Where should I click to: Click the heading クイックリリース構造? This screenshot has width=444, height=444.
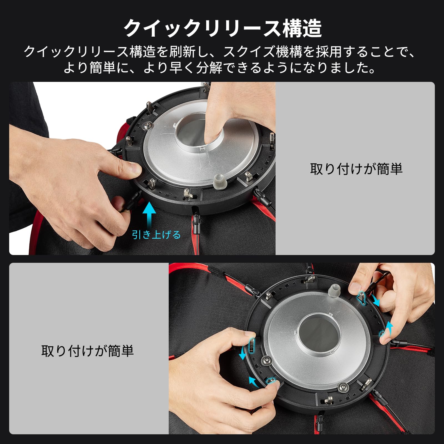coord(222,28)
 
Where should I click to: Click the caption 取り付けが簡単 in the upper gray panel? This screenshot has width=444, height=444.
coord(356,169)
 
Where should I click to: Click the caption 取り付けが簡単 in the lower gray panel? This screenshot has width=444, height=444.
coord(88,350)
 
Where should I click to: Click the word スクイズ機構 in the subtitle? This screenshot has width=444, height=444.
coord(262,52)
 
